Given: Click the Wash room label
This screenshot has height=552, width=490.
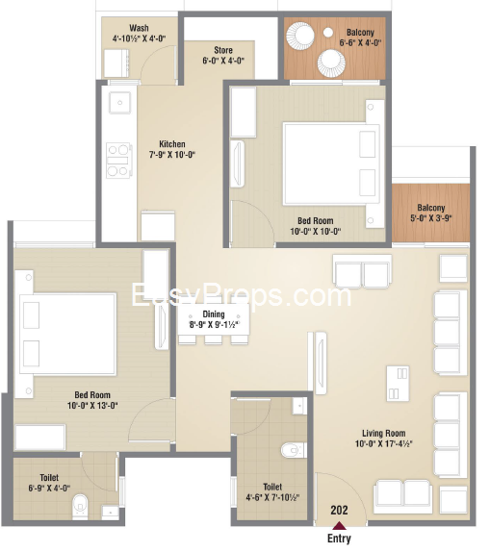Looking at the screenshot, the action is click(139, 28).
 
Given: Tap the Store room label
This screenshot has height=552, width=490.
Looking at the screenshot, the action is click(223, 50).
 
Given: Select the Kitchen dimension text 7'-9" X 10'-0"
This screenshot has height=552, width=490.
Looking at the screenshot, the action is click(172, 155).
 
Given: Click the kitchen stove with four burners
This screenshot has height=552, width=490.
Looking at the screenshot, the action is click(118, 161).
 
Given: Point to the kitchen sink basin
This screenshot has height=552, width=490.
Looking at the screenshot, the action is click(120, 103).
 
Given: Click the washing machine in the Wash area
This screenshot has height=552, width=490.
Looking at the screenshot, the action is click(116, 63).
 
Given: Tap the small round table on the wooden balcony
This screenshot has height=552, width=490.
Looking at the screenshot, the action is click(328, 33).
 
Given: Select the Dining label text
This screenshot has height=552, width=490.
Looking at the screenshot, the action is click(214, 314).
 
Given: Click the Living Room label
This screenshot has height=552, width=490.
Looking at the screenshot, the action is click(383, 433).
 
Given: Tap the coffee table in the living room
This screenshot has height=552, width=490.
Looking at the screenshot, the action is click(398, 384).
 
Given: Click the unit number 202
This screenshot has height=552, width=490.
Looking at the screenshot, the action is click(339, 510).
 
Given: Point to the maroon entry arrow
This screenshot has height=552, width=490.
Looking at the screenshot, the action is click(339, 526).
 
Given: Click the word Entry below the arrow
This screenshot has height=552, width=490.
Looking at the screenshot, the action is click(339, 539).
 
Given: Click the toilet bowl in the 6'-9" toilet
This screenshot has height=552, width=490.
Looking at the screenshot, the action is click(80, 507).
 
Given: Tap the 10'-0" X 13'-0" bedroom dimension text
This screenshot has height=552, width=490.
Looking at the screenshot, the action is click(92, 406).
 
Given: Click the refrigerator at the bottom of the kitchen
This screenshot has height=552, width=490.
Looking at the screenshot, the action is click(158, 226).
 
